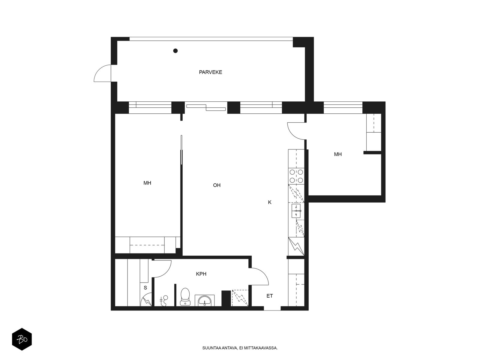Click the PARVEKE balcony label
210,72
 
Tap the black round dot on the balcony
175,51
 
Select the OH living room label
217,185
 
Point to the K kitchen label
270,202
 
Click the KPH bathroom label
201,274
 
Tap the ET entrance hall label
270,296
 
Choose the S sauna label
145,288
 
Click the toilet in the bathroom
185,296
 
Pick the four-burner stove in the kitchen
296,176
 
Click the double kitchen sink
296,211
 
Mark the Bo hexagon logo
22,339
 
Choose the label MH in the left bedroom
147,183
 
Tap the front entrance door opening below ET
272,308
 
